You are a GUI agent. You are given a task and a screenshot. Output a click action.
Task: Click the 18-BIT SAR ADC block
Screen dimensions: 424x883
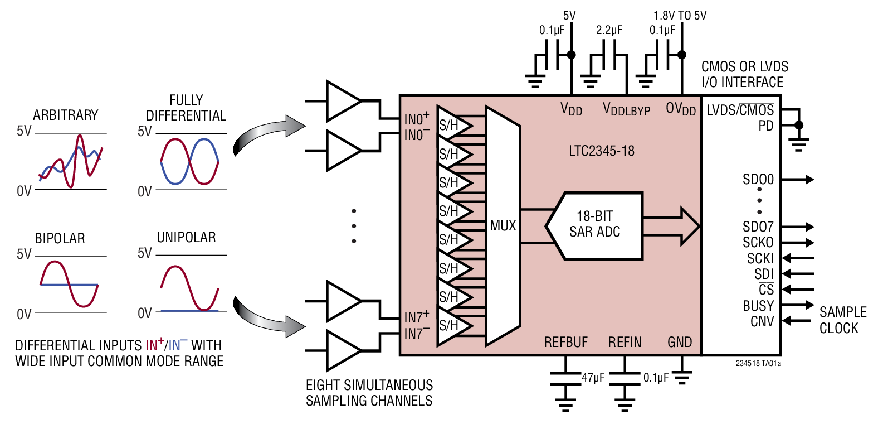[x=594, y=225]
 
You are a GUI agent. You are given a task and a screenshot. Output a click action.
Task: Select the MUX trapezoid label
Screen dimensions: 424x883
[x=503, y=226]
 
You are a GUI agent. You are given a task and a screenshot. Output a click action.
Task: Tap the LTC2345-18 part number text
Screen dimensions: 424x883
[x=601, y=151]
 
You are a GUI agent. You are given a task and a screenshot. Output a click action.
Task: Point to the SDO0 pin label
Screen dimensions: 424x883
[x=758, y=180]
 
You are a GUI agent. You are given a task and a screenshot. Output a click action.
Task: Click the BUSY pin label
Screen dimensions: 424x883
[x=758, y=306]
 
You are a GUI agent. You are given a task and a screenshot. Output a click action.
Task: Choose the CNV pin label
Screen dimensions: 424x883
[x=762, y=322]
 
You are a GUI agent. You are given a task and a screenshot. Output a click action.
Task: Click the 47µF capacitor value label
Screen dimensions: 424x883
[x=593, y=378]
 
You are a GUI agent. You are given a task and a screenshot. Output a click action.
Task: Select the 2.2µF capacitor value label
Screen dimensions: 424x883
[x=608, y=30]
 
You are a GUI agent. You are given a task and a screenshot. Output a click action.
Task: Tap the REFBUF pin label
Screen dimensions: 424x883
[x=565, y=342]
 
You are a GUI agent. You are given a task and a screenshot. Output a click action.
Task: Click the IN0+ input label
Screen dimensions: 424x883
[x=416, y=118]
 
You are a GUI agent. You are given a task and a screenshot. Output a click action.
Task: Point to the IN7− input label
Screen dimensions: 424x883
[x=416, y=334]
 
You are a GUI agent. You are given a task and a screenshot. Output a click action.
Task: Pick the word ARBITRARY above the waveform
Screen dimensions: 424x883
[x=65, y=115]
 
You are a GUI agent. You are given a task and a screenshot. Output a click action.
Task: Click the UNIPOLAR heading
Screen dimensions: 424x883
[x=186, y=238]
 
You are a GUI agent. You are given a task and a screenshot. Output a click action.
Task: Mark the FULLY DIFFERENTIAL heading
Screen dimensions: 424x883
[x=186, y=108]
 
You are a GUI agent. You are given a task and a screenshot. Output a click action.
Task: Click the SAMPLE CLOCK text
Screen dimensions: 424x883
[x=842, y=320]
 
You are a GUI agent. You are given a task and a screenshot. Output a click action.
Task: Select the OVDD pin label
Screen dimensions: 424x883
[x=680, y=109]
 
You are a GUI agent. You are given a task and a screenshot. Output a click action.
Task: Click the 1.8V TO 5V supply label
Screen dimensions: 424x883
[x=680, y=16]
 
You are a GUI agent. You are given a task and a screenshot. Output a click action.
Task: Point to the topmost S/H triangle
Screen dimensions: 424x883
[x=452, y=125]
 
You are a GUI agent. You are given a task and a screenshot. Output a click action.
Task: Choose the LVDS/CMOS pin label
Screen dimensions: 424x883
[x=740, y=110]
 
